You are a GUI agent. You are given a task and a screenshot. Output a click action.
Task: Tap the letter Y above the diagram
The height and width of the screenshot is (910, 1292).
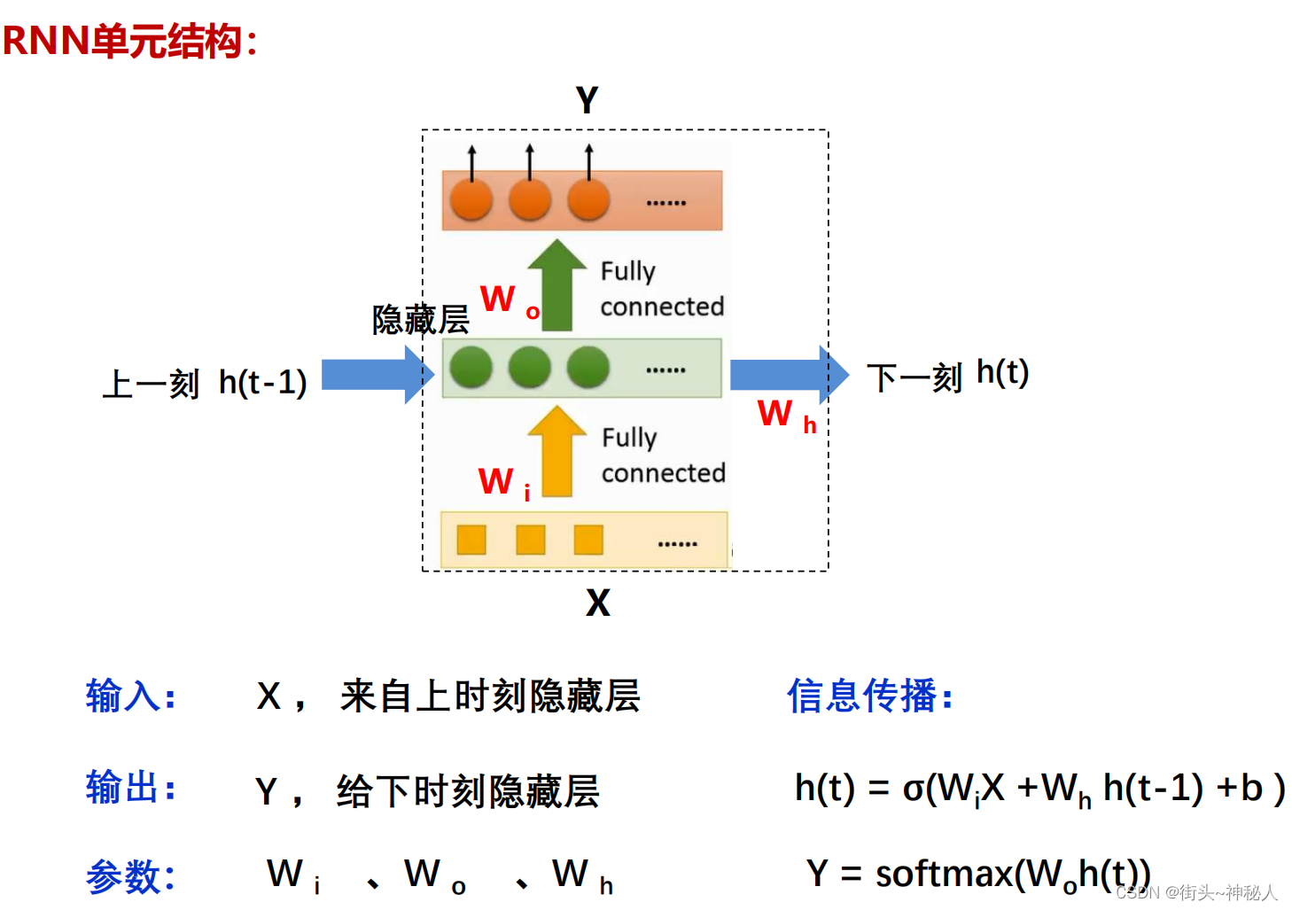click(587, 100)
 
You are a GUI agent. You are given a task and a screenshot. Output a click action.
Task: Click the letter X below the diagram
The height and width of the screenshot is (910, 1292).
click(598, 603)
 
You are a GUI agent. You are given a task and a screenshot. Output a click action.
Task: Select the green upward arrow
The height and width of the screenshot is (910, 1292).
click(556, 284)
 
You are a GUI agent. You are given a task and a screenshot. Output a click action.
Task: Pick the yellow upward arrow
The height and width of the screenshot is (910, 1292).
click(556, 451)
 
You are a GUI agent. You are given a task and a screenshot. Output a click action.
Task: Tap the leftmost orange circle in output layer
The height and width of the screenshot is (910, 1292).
click(471, 199)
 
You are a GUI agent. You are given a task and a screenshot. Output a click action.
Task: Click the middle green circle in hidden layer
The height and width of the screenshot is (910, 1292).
click(530, 368)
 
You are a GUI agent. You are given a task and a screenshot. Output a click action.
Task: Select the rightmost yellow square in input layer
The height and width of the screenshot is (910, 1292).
click(588, 540)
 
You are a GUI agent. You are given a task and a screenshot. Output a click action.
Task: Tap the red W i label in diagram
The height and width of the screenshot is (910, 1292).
click(503, 484)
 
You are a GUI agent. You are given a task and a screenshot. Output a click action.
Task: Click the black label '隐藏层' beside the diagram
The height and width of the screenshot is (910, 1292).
click(420, 320)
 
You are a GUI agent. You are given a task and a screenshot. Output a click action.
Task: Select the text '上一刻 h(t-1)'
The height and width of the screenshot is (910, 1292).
click(205, 384)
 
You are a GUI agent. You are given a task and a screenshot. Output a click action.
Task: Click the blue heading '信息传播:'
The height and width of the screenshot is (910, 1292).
click(869, 696)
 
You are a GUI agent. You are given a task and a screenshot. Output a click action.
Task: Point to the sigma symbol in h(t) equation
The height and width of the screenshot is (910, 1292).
click(913, 789)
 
